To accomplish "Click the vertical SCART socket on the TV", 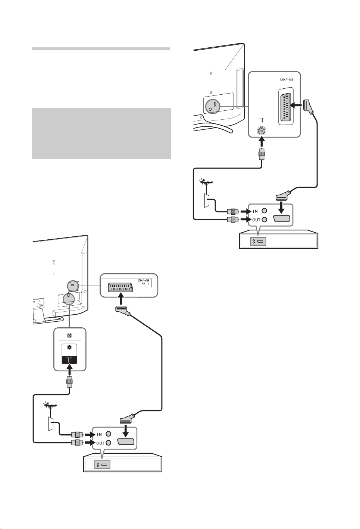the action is (x=286, y=106).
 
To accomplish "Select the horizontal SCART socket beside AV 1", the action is (x=120, y=287).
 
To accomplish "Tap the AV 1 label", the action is (x=145, y=284).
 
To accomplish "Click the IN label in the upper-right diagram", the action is (x=255, y=211).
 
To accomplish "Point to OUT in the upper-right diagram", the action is (x=256, y=220).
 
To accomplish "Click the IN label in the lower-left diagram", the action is (x=99, y=434).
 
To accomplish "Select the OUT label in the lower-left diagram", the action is (x=100, y=443).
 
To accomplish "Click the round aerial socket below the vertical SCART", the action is (x=262, y=130).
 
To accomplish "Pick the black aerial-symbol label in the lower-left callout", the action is (x=69, y=360).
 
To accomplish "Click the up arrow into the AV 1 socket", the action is (x=121, y=299).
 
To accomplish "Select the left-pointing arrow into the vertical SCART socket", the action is (x=295, y=106).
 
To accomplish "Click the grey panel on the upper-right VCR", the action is (x=258, y=241).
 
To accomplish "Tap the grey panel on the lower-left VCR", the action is (x=102, y=465).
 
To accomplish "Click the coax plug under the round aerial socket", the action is (x=262, y=154).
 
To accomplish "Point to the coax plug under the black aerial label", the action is (x=69, y=381).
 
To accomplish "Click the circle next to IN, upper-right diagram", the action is (x=264, y=211).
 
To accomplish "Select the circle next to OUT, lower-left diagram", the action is (x=109, y=443).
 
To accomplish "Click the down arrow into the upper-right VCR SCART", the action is (x=281, y=207).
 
